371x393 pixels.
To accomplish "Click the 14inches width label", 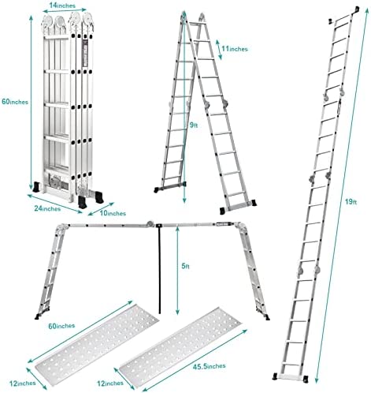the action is click(x=62, y=6).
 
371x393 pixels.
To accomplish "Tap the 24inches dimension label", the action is click(x=47, y=208).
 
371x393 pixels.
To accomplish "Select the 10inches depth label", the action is click(x=113, y=213).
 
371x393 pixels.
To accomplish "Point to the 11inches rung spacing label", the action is click(x=235, y=49).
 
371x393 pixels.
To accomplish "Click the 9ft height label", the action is click(x=194, y=125).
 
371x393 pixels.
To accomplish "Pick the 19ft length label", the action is click(x=351, y=202).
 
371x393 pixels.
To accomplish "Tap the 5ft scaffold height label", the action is click(x=185, y=266).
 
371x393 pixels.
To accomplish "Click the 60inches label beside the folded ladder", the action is click(x=15, y=102).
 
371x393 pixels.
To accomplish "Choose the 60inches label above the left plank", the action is click(x=61, y=326).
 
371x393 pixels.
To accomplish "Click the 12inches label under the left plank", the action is click(x=23, y=383).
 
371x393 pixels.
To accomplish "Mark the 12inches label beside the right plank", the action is click(x=110, y=384).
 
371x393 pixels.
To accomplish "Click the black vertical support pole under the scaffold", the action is click(x=159, y=269).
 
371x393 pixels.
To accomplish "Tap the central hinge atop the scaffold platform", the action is click(x=150, y=223).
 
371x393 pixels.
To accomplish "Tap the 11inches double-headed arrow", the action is click(x=219, y=50).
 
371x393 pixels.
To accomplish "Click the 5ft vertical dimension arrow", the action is click(x=178, y=271).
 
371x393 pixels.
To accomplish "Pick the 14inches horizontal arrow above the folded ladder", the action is click(x=65, y=10).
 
